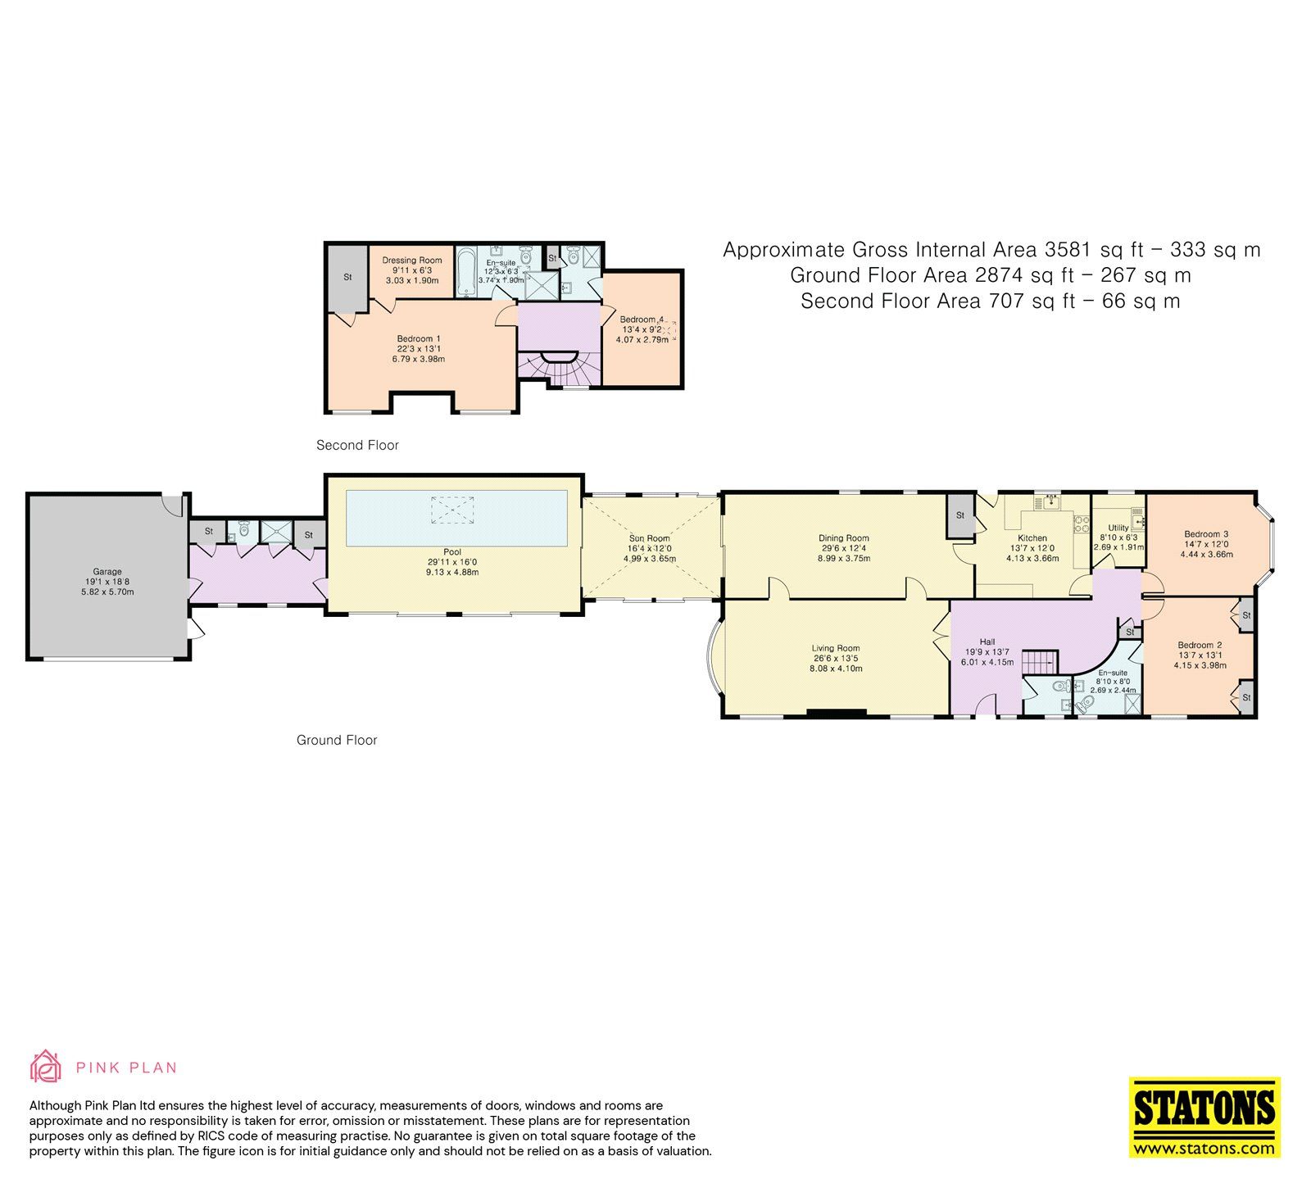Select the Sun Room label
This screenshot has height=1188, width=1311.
tap(649, 538)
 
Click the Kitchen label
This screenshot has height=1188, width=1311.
tap(1032, 538)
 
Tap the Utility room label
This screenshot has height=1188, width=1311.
tap(1118, 528)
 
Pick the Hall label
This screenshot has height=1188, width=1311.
tap(987, 642)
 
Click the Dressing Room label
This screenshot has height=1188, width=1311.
tap(411, 261)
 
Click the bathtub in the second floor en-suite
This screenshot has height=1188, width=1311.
tap(466, 272)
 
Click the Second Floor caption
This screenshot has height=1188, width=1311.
tap(357, 445)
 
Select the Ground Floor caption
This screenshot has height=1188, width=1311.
tap(337, 740)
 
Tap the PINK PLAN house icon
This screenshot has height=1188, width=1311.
tap(45, 1066)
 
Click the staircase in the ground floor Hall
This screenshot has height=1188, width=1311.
tap(1042, 659)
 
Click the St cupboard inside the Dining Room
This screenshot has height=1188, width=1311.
tap(959, 515)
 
